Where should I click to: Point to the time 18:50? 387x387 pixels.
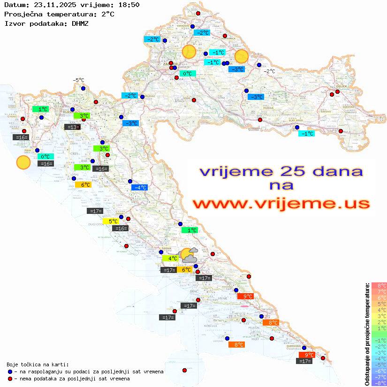pyautogui.click(x=128, y=5)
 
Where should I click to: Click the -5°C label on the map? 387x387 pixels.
pyautogui.click(x=78, y=80)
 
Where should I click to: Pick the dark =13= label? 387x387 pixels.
pyautogui.click(x=72, y=127)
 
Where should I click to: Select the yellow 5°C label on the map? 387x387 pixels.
pyautogui.click(x=113, y=221)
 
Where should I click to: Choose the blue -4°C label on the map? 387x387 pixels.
pyautogui.click(x=140, y=188)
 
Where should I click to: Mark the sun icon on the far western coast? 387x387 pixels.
pyautogui.click(x=23, y=162)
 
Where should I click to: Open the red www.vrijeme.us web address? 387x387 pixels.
pyautogui.click(x=281, y=204)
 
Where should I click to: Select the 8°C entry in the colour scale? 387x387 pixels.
pyautogui.click(x=379, y=285)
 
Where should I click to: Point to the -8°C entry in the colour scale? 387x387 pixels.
pyautogui.click(x=379, y=383)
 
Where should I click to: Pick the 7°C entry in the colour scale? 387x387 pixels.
pyautogui.click(x=379, y=291)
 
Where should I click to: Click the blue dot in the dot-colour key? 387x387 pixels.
pyautogui.click(x=10, y=372)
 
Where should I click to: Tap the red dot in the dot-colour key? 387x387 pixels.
pyautogui.click(x=10, y=379)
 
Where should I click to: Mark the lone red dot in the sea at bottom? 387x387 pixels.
pyautogui.click(x=184, y=370)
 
